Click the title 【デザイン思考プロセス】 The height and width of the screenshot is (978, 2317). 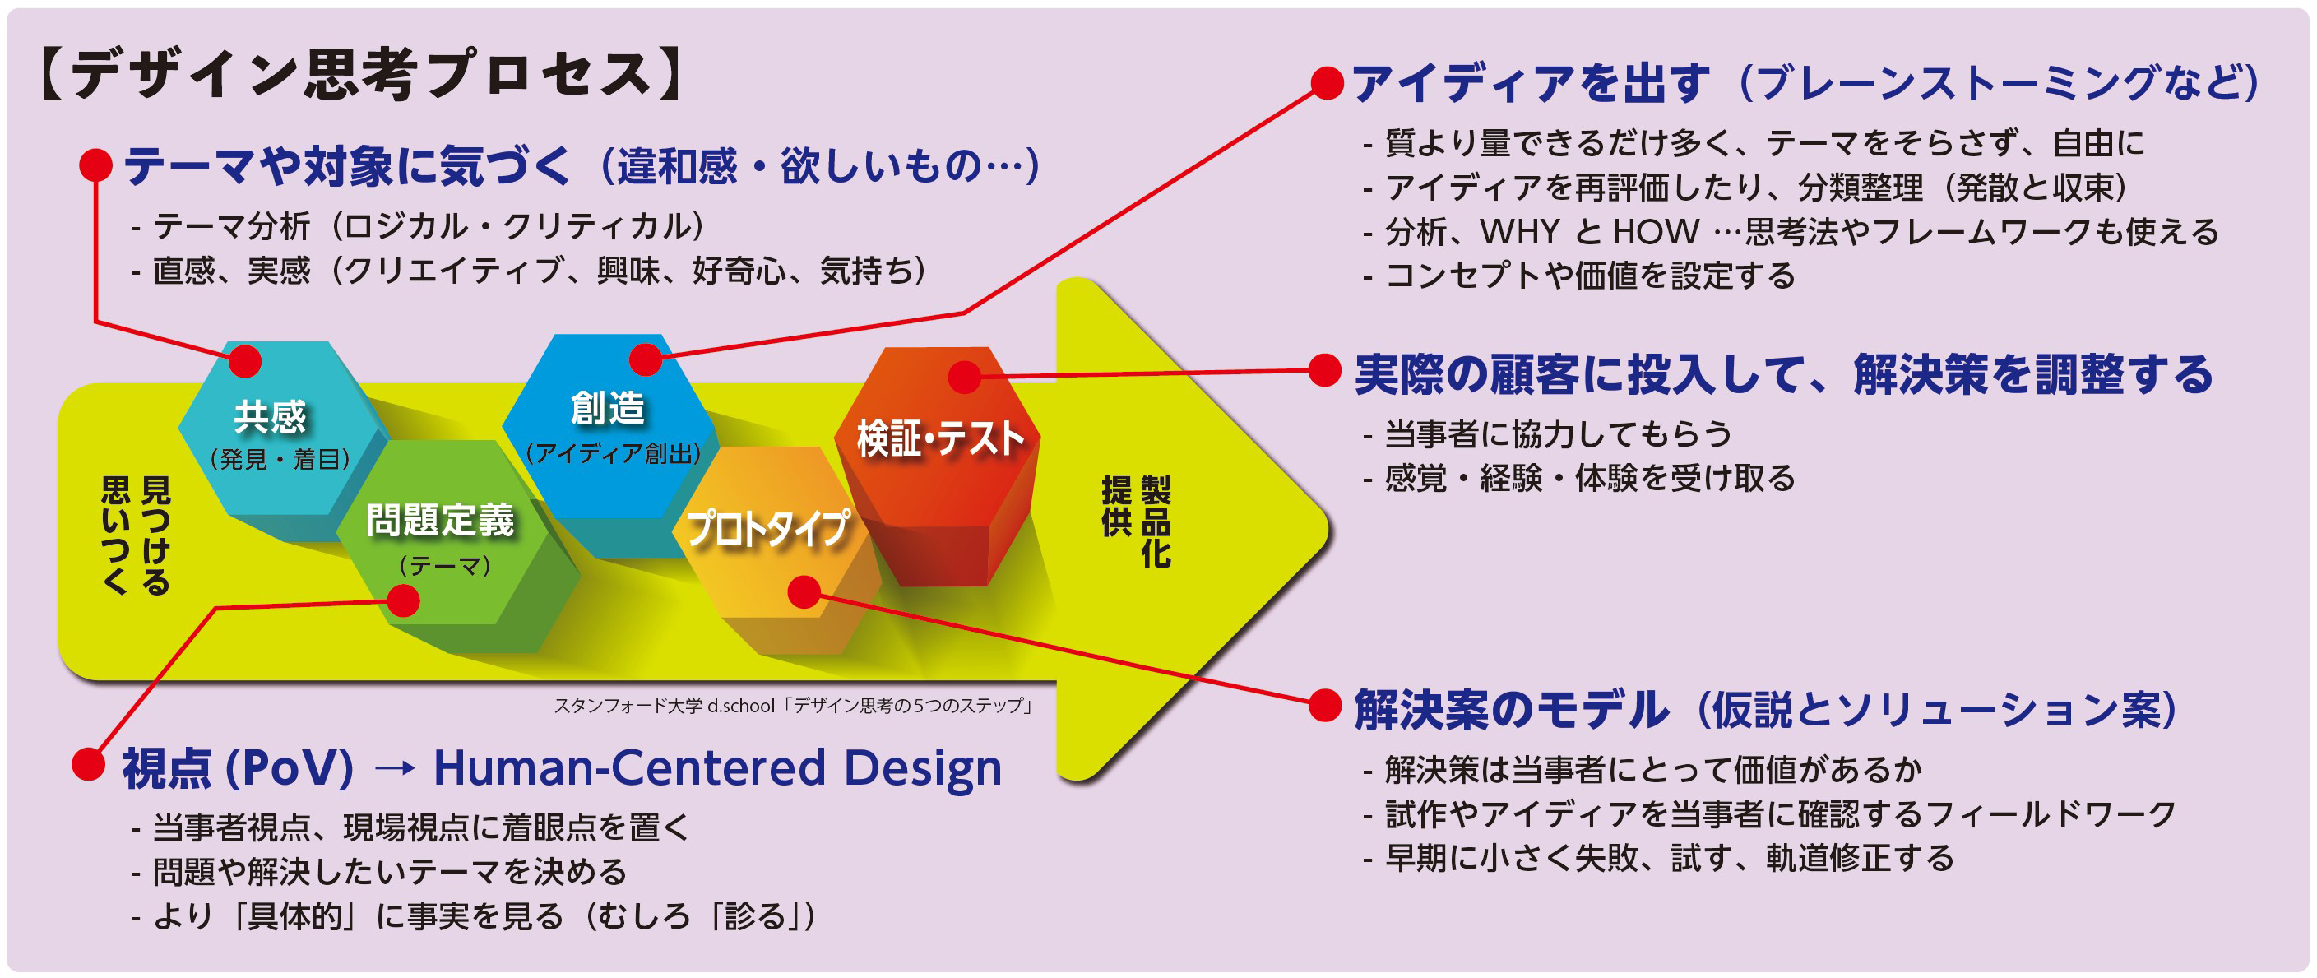[x=359, y=75]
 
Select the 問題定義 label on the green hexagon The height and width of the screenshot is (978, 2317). [x=440, y=520]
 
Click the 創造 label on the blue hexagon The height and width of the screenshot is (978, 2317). [x=608, y=408]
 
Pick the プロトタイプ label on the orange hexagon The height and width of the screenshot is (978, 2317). [x=768, y=528]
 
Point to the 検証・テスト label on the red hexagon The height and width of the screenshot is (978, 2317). [x=940, y=439]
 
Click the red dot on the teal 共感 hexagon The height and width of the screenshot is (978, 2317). [x=244, y=361]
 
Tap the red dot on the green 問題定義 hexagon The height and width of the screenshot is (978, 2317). [x=402, y=600]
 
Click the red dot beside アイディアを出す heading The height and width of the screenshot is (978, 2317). [x=1327, y=83]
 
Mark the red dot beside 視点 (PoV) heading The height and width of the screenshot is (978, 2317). [x=88, y=764]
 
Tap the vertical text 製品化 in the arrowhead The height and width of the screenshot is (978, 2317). [x=1156, y=521]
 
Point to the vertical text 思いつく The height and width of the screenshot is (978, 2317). [x=115, y=535]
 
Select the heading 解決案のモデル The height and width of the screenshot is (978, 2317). [x=1511, y=709]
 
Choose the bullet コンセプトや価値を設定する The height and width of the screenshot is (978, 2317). [x=1589, y=276]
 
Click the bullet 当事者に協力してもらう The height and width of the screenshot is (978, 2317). [x=1558, y=433]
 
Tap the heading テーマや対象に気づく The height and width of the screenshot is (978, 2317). [x=347, y=165]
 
